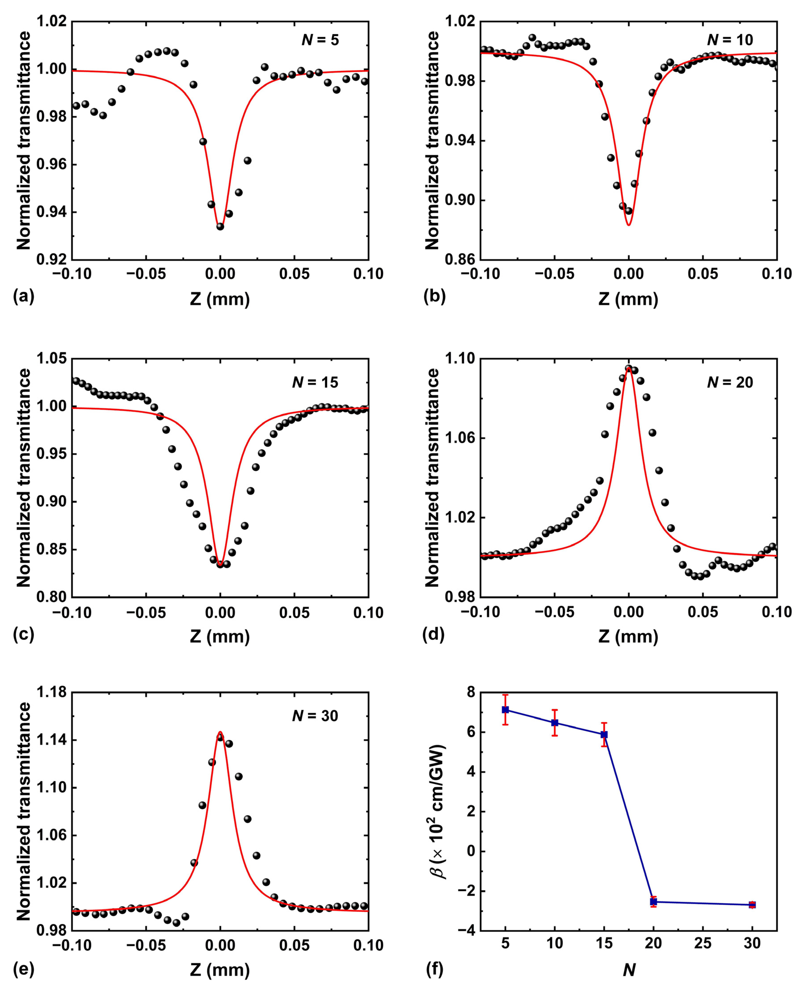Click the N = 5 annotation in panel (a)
[x=320, y=40]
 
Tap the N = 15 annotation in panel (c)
[x=315, y=382]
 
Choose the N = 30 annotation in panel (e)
[x=315, y=716]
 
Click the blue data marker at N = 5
[x=505, y=710]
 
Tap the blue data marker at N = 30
[x=752, y=905]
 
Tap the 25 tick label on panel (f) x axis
[x=703, y=943]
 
